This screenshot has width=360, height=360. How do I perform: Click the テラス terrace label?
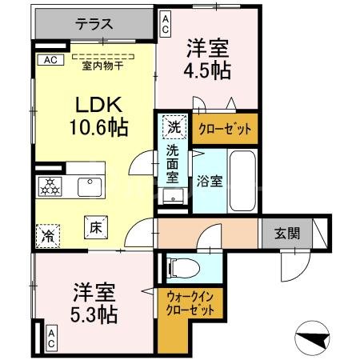(x=94, y=24)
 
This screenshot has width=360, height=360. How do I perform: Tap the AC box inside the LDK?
(x=49, y=59)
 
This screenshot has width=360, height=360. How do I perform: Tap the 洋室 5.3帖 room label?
(x=96, y=303)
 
